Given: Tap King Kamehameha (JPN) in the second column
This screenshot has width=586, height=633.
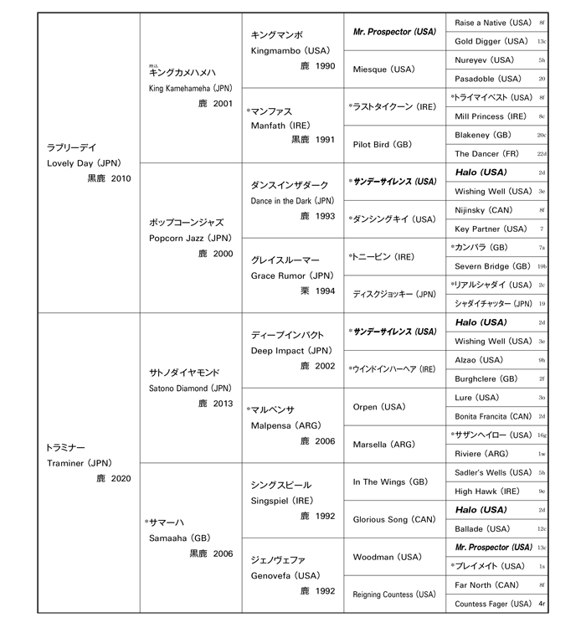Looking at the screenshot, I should (x=188, y=88).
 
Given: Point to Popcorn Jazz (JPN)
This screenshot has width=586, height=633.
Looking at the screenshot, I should (x=186, y=238).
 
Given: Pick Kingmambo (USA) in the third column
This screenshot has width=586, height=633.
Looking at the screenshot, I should (x=289, y=50).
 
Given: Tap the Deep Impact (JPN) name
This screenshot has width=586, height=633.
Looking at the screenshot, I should (x=291, y=351).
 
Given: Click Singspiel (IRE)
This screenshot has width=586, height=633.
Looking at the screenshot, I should (x=281, y=500).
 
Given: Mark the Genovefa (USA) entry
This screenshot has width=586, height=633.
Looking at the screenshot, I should (x=285, y=575).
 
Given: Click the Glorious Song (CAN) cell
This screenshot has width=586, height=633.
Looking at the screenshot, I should (x=392, y=519).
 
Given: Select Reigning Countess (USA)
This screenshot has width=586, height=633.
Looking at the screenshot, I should (x=393, y=594).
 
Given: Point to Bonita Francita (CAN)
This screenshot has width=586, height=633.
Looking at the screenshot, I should (x=493, y=416).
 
